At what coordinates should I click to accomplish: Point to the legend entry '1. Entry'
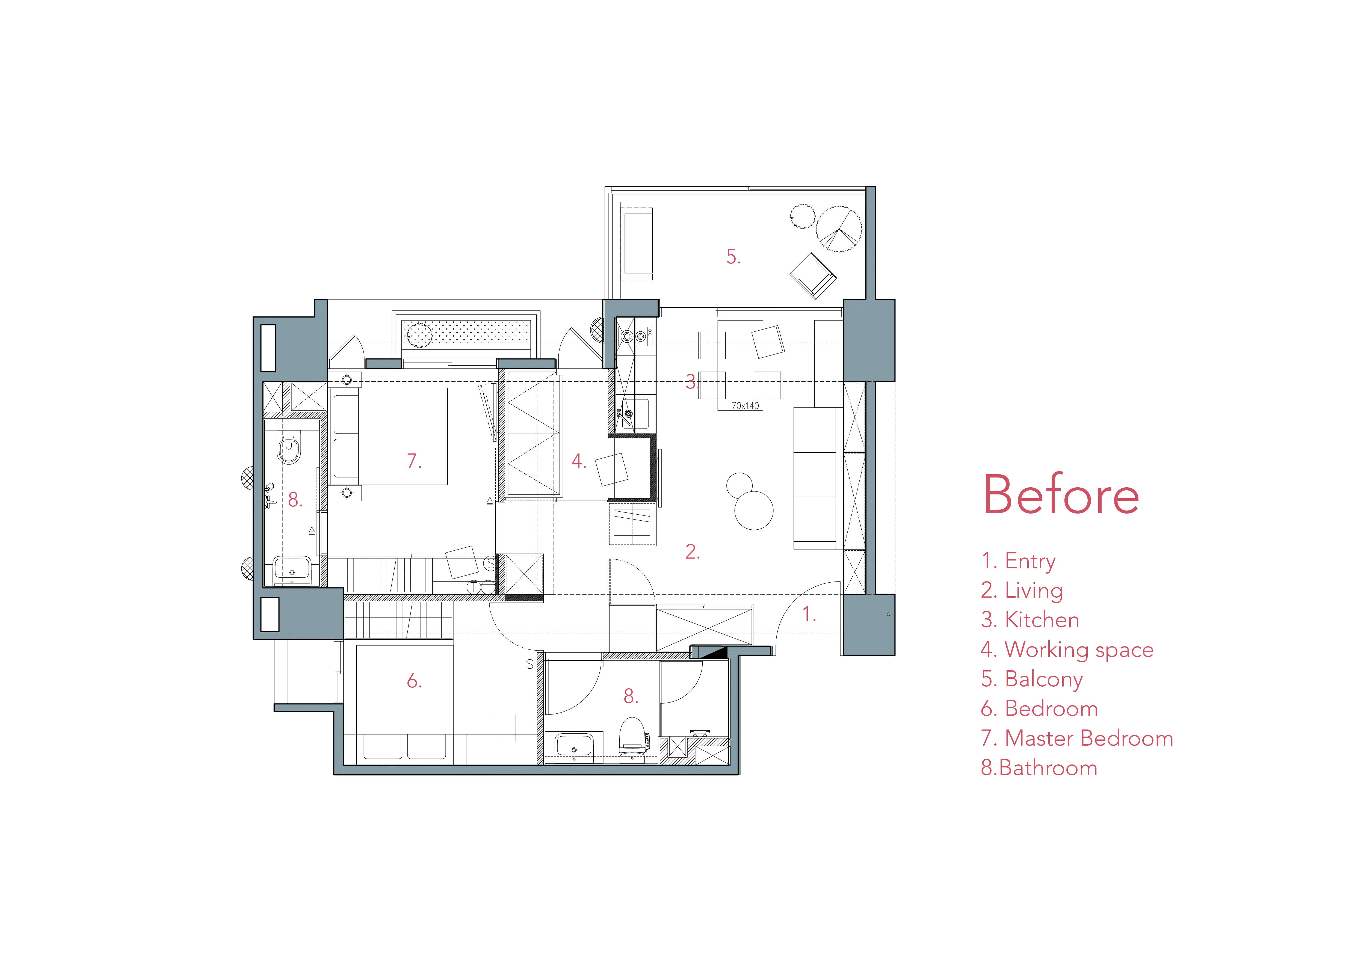[x=1018, y=561]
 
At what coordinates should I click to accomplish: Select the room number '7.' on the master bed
[x=414, y=461]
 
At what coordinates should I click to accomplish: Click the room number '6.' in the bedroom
[x=414, y=681]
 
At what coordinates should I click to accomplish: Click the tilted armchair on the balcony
[x=813, y=275]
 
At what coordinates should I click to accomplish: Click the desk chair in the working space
[x=612, y=469]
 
